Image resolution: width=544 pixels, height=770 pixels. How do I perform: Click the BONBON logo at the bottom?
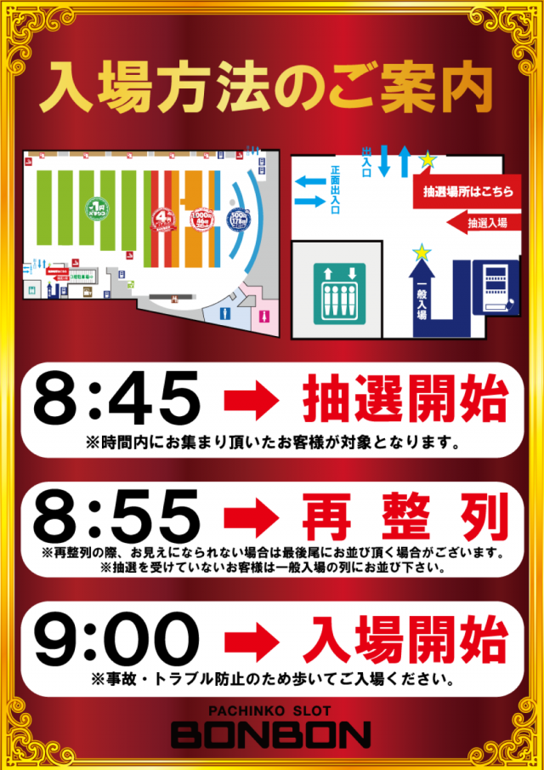[x=272, y=733]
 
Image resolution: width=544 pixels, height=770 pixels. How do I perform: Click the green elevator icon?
[x=340, y=292]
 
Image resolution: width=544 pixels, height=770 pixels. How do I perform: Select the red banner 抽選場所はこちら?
[x=468, y=192]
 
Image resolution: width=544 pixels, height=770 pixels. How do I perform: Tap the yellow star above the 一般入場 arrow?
[x=420, y=251]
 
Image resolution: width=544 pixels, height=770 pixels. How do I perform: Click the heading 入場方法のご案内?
[x=272, y=85]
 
